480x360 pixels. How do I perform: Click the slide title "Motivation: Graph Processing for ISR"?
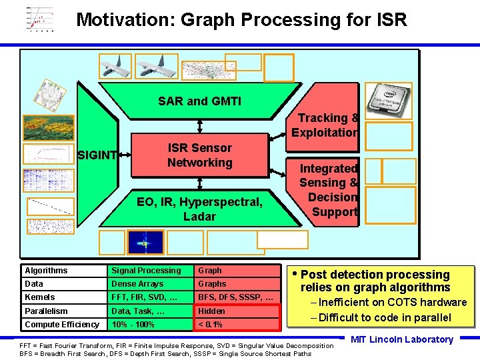point(241,19)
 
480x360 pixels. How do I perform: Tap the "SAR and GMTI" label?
point(199,101)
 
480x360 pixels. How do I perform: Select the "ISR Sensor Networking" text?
point(199,155)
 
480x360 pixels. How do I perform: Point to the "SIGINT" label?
point(98,156)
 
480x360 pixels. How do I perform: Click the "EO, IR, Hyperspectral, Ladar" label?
point(199,209)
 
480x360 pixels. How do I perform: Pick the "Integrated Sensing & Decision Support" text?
point(329,190)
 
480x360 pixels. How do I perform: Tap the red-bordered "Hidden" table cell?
point(237,311)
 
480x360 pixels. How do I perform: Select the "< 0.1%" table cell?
point(237,325)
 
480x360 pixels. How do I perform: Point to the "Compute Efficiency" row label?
point(62,325)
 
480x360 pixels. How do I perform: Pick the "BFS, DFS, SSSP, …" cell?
point(237,297)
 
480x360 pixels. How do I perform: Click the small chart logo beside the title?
point(41,19)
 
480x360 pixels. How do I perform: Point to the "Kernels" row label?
point(62,297)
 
